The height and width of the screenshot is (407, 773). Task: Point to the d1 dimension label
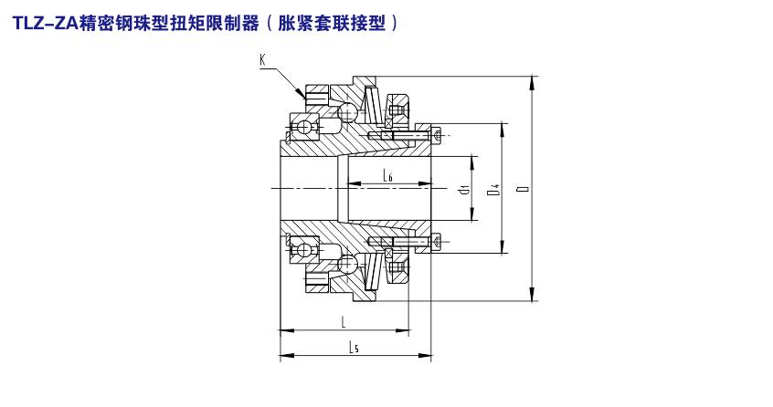pyautogui.click(x=464, y=190)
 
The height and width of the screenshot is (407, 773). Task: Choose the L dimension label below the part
pyautogui.click(x=342, y=322)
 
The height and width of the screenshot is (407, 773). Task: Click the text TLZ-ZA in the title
pyautogui.click(x=42, y=26)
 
